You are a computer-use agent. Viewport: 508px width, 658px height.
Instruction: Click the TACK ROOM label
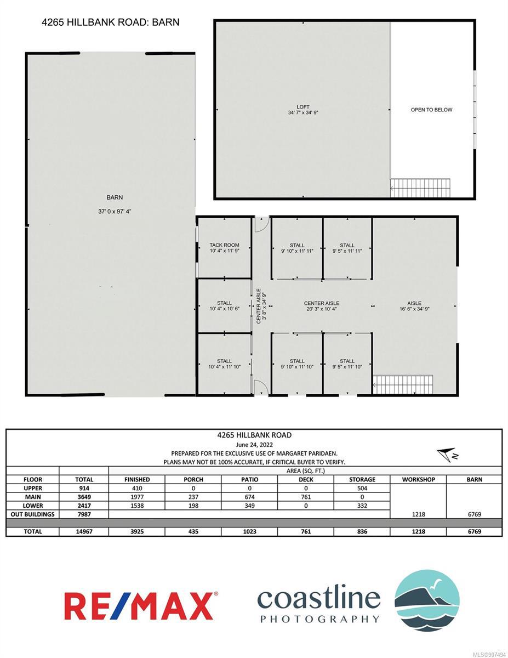click(224, 245)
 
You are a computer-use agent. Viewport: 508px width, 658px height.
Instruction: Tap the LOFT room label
click(303, 107)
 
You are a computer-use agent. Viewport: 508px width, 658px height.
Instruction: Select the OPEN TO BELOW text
click(431, 110)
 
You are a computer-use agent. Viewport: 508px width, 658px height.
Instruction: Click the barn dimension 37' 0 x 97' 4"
click(115, 211)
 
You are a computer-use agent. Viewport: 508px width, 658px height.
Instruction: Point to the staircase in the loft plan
click(420, 188)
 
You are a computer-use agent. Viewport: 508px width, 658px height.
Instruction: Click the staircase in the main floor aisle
click(403, 384)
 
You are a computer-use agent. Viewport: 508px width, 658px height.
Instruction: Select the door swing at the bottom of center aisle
click(261, 387)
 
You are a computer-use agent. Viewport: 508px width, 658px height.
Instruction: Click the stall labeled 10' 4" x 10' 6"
click(224, 306)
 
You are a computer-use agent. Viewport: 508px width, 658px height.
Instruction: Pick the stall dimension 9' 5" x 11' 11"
click(347, 251)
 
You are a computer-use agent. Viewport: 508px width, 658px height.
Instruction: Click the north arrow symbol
click(448, 455)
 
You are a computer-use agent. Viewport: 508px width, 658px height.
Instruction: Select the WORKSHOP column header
click(419, 479)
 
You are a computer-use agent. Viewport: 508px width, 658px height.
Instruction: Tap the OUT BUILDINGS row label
click(33, 514)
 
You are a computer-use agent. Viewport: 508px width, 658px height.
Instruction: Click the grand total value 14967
click(84, 531)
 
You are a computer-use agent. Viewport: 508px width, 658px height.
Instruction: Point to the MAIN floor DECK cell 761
click(306, 497)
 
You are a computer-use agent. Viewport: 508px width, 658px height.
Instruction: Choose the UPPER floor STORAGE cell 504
click(362, 488)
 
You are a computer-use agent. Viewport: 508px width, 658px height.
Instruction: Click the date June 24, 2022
click(254, 445)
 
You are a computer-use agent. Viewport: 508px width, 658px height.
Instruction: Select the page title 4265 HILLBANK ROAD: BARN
click(111, 22)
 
